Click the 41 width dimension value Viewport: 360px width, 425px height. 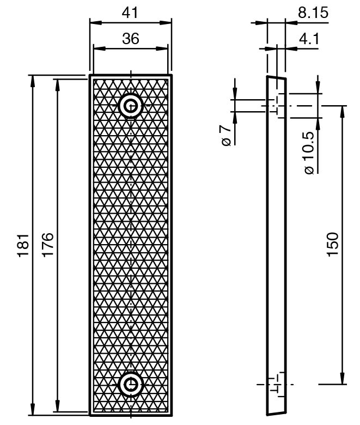click(130, 13)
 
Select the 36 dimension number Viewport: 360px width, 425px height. click(131, 39)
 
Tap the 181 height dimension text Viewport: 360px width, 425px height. click(23, 245)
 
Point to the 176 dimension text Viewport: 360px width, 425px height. click(48, 244)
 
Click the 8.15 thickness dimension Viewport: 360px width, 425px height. click(313, 13)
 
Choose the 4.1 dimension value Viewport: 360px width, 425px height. click(309, 39)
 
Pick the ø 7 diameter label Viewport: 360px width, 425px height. click(226, 135)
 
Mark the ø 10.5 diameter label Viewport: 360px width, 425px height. click(309, 153)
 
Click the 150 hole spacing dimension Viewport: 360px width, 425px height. click(333, 244)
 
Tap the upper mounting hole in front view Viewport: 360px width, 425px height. click(131, 106)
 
